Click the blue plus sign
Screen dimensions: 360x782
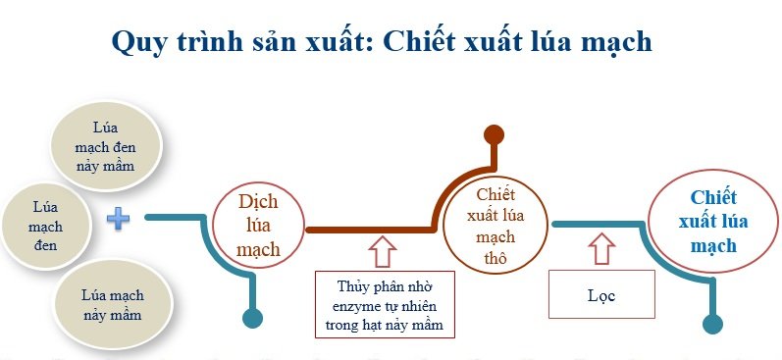pyautogui.click(x=118, y=218)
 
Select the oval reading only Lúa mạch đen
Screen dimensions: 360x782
pyautogui.click(x=46, y=226)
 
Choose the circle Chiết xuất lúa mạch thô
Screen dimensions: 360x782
pyautogui.click(x=495, y=226)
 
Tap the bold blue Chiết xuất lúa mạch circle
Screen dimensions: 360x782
pyautogui.click(x=706, y=221)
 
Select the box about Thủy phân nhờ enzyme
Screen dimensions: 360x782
pyautogui.click(x=385, y=304)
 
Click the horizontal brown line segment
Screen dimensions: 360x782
pyautogui.click(x=368, y=230)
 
